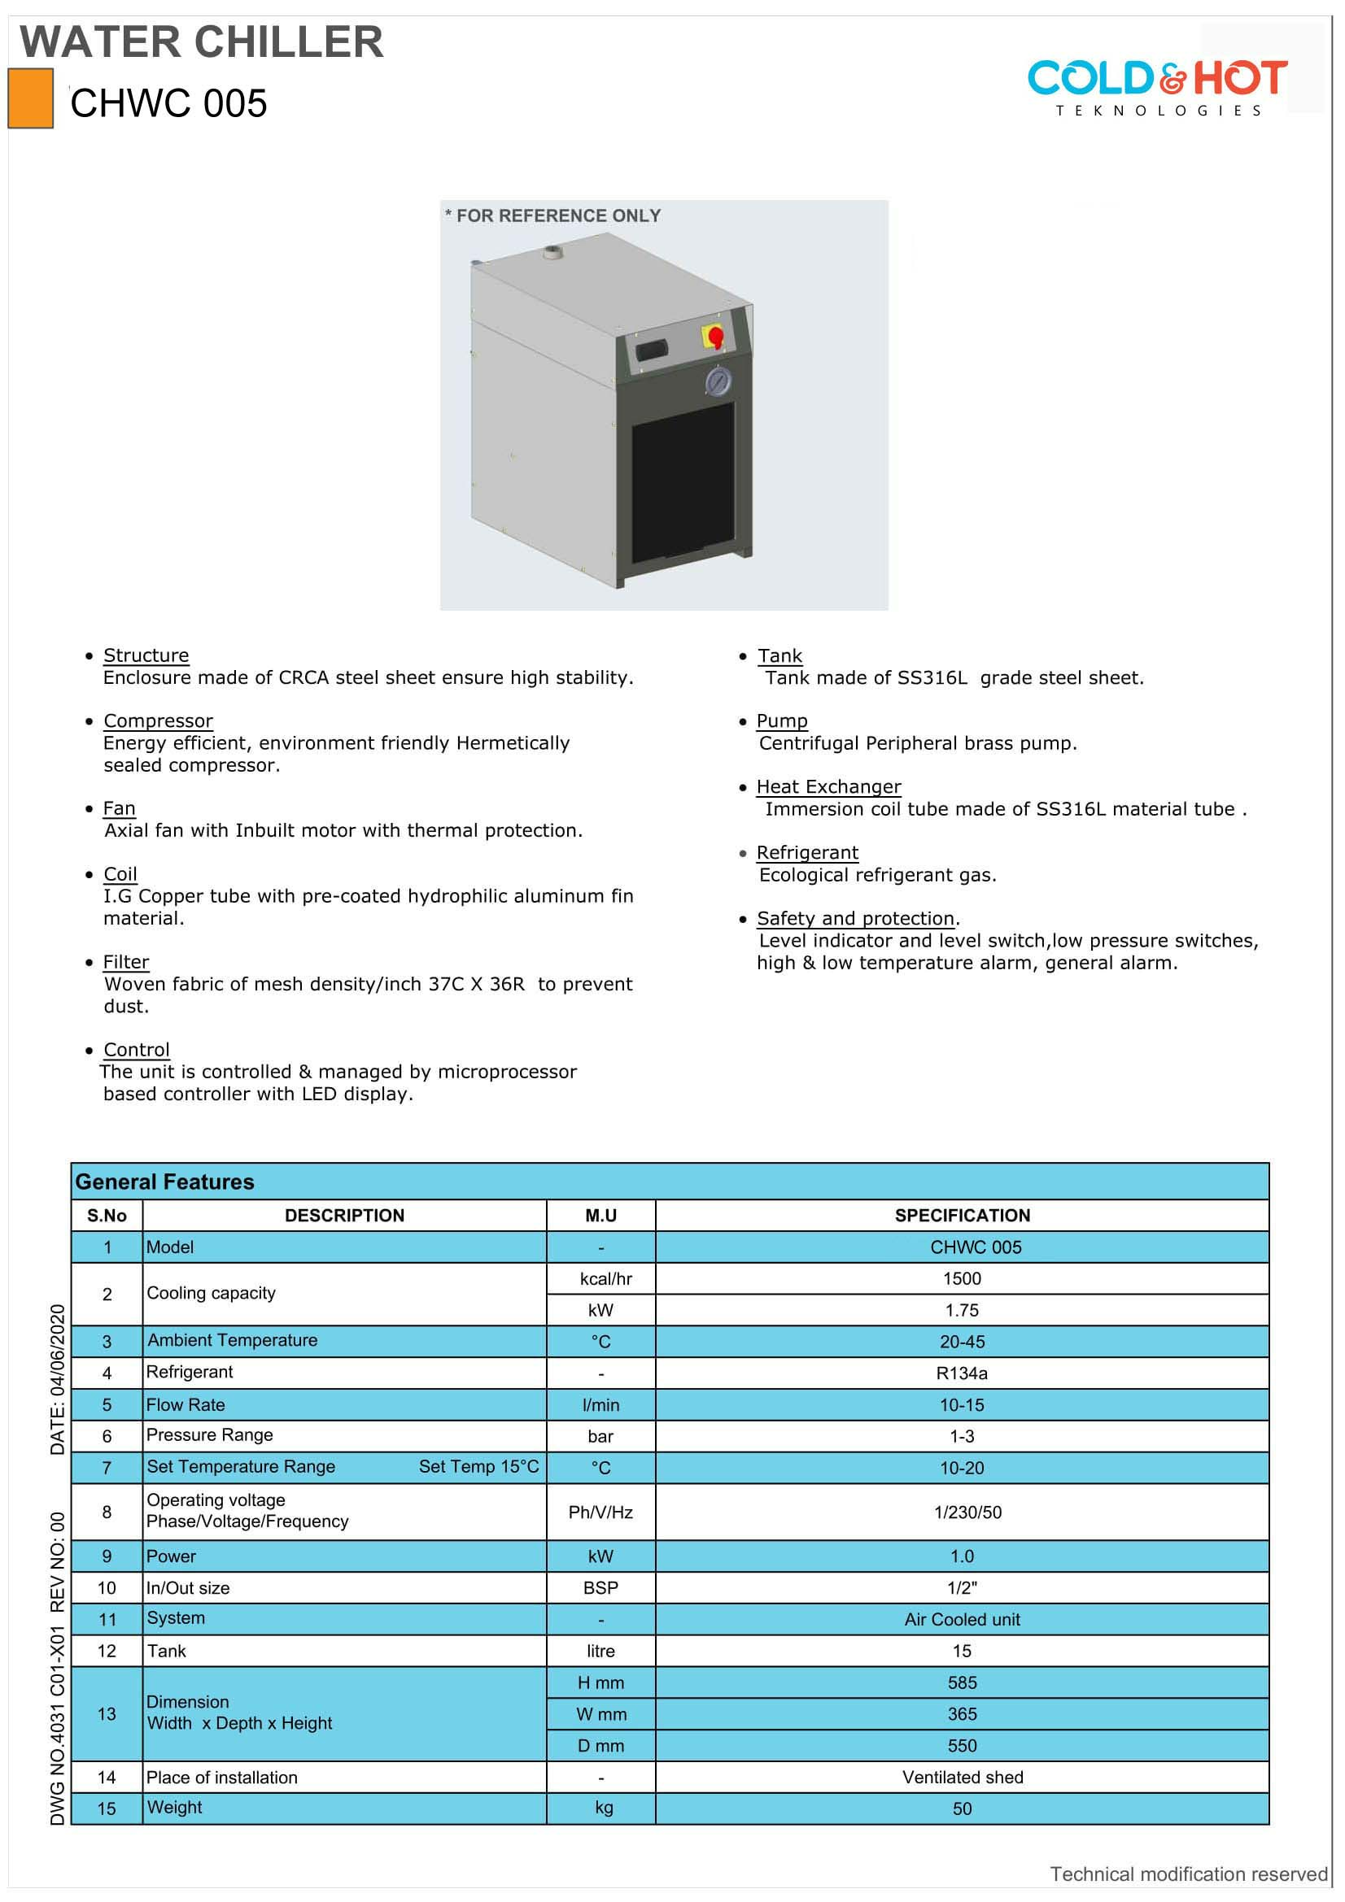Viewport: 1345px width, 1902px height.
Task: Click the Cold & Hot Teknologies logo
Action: click(x=1157, y=87)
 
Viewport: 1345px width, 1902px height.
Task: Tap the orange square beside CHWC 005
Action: click(x=31, y=98)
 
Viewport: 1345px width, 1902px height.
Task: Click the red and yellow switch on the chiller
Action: click(x=714, y=337)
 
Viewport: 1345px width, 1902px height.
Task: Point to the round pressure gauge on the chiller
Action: click(x=718, y=381)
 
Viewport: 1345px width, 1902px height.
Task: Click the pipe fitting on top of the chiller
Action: click(x=552, y=250)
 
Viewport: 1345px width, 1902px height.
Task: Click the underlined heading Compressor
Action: click(x=159, y=720)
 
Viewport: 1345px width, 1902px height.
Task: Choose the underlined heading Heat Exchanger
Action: click(x=828, y=786)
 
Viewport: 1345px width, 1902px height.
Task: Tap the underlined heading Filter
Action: click(x=126, y=962)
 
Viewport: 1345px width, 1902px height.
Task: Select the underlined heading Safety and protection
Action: click(x=855, y=918)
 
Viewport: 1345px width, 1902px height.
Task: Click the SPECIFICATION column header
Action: click(x=962, y=1215)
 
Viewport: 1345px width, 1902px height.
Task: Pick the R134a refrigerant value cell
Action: click(x=962, y=1373)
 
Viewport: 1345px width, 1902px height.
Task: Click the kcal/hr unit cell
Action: click(x=606, y=1278)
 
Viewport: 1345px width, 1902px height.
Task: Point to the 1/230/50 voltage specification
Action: click(x=967, y=1512)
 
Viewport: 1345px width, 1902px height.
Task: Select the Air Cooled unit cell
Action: click(x=962, y=1619)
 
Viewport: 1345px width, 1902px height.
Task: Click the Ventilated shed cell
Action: click(x=962, y=1777)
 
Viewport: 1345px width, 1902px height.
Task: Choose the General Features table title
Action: click(x=165, y=1182)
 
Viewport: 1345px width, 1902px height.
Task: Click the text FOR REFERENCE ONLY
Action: click(x=557, y=215)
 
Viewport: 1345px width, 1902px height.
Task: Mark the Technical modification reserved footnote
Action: click(x=1189, y=1874)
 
